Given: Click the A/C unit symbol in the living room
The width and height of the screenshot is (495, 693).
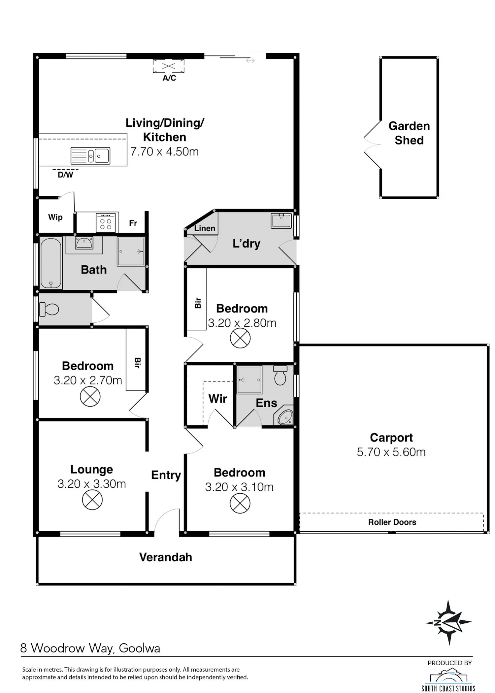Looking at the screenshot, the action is (169, 66).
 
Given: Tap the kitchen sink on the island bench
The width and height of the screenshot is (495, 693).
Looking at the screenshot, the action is (90, 156).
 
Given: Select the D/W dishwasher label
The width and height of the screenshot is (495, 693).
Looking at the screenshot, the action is (65, 175).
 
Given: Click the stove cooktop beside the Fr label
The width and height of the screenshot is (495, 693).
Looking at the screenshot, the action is (106, 222).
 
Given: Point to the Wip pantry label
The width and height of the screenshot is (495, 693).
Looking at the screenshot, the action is (55, 217).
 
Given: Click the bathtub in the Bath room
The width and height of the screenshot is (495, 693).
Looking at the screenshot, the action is (51, 263).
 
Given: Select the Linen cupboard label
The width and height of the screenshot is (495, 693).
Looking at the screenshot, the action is (205, 228).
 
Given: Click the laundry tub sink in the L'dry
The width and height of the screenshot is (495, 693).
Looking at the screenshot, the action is (281, 221).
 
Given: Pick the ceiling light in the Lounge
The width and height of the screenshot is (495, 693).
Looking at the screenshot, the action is (92, 500).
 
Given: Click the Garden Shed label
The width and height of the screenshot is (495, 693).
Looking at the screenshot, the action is (409, 133).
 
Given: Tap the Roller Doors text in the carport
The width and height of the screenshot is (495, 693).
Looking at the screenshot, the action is (392, 522).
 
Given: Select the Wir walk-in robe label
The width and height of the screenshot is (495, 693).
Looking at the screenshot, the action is (218, 399).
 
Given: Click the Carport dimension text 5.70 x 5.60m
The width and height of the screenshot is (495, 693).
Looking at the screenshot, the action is (391, 452).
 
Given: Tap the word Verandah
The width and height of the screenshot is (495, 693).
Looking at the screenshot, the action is (166, 557).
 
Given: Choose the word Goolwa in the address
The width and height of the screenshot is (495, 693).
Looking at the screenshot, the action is (140, 648).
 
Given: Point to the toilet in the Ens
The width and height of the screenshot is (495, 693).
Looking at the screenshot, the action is (280, 375).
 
